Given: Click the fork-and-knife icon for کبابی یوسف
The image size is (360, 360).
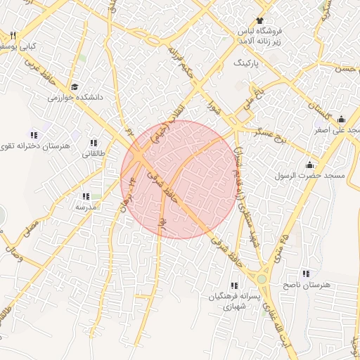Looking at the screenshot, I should pyautogui.click(x=13, y=35).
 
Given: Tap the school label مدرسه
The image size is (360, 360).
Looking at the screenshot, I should pyautogui.click(x=85, y=207).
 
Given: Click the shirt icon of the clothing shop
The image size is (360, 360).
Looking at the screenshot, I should pyautogui.click(x=259, y=20).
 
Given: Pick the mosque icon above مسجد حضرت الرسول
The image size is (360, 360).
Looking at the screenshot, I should pyautogui.click(x=309, y=165).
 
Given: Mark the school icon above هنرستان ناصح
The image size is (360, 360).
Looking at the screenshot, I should pyautogui.click(x=305, y=274).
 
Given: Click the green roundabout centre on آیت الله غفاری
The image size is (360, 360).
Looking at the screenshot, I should pyautogui.click(x=262, y=279).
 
